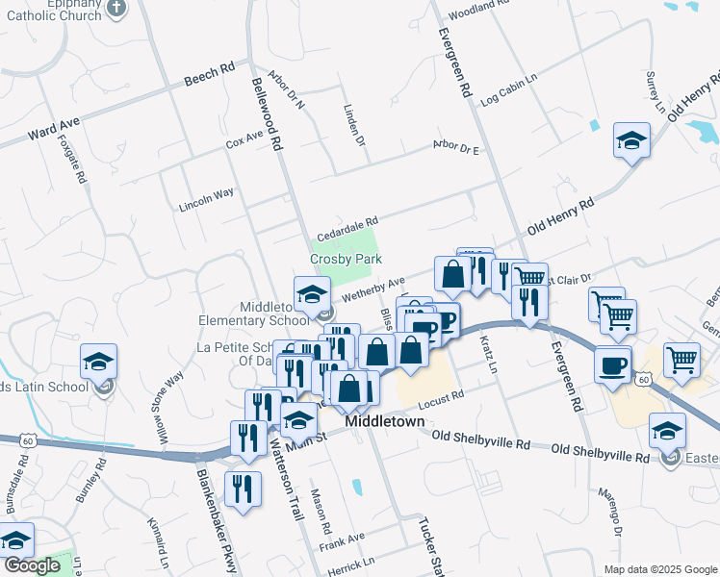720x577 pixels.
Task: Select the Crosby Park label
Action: [346, 260]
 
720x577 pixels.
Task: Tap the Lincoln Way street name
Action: [206, 200]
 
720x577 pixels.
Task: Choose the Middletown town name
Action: [385, 421]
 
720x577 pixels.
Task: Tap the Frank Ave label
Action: [343, 540]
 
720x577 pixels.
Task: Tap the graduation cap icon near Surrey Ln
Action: [632, 141]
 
